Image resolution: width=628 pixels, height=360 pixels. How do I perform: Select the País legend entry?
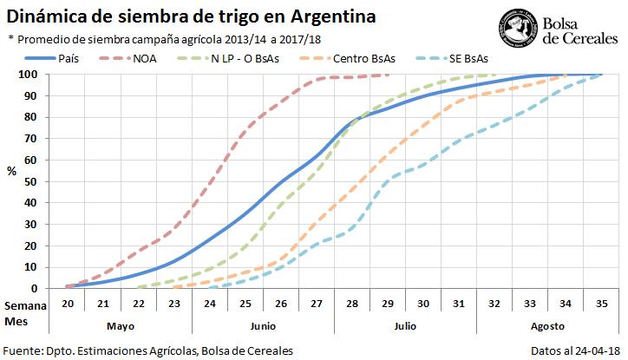click(x=70, y=58)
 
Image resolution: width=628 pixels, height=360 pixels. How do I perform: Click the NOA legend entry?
click(x=145, y=58)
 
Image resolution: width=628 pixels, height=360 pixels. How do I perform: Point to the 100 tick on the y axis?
click(x=33, y=75)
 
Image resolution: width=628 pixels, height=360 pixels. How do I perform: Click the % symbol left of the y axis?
click(x=12, y=171)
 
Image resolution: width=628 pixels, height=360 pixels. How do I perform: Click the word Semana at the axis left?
click(x=23, y=306)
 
